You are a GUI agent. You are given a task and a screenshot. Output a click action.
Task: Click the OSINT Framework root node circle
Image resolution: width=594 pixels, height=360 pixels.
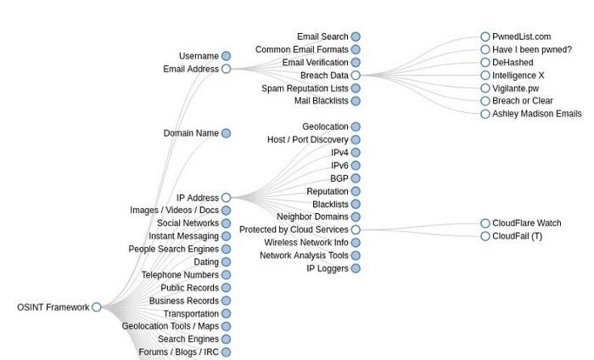pos(97,307)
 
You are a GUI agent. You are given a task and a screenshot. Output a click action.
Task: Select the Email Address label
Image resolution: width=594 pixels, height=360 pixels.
pos(191,69)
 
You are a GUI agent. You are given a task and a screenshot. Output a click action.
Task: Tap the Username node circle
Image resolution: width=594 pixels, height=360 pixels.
pos(226,56)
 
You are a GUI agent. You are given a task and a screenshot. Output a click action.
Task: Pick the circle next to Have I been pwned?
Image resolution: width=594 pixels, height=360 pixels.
pos(485,49)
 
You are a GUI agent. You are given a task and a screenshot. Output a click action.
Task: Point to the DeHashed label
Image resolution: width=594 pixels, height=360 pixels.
pos(513,62)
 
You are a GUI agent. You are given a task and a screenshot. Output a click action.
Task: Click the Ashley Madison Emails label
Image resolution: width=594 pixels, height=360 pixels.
pos(537,114)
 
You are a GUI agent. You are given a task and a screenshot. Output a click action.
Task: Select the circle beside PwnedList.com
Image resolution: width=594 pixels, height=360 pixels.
pos(485,37)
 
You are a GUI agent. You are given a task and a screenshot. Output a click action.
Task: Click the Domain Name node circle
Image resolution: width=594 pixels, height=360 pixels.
pos(226,133)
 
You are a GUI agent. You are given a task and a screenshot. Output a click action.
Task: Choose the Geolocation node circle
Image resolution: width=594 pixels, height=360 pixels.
pos(356,127)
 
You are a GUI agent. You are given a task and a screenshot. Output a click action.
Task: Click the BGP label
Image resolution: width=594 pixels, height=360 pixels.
pos(339,178)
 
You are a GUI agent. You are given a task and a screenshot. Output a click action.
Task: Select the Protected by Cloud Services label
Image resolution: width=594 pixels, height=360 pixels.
pos(294,230)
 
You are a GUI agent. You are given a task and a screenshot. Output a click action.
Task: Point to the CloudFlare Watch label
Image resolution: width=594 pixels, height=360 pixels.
pos(526,223)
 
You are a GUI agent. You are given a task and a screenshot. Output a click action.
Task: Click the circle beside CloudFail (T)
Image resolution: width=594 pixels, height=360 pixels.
pos(485,236)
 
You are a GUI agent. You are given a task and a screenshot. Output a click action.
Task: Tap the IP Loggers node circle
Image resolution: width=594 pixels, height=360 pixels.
pos(356,268)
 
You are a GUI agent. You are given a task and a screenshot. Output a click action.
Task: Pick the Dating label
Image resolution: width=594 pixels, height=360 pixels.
pos(206,262)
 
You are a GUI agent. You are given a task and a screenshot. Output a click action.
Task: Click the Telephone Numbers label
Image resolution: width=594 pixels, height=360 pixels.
pos(180,275)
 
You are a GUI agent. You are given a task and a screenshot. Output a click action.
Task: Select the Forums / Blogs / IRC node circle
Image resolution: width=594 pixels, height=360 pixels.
pos(226,352)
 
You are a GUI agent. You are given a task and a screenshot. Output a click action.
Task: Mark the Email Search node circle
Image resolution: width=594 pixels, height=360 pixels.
pos(356,37)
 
